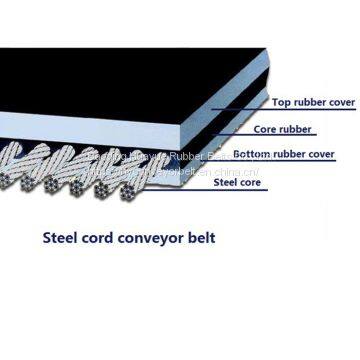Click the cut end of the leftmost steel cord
click(x=9, y=181)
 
